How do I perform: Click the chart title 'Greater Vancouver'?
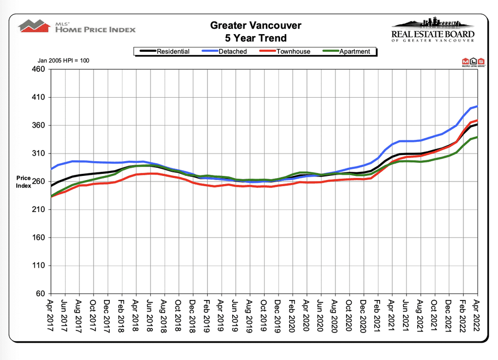pyautogui.click(x=256, y=25)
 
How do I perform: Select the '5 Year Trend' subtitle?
pyautogui.click(x=256, y=38)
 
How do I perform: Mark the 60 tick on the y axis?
pyautogui.click(x=41, y=294)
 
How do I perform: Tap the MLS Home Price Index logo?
pyautogui.click(x=77, y=26)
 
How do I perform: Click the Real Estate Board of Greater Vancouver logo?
pyautogui.click(x=433, y=30)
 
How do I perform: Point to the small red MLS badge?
pyautogui.click(x=472, y=62)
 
